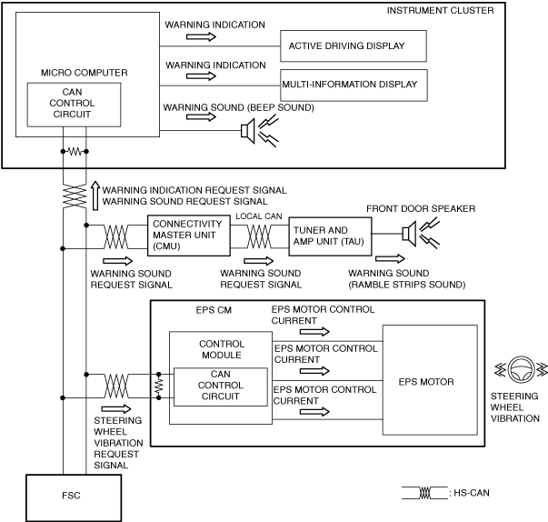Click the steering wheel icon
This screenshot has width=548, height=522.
click(x=522, y=369)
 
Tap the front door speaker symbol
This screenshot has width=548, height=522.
click(x=409, y=234)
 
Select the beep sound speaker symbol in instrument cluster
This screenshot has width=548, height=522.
click(x=248, y=131)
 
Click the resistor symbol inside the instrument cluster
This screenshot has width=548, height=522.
click(x=75, y=151)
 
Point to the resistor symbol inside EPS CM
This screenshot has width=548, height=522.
click(x=159, y=386)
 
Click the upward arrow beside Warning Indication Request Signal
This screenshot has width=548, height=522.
click(x=95, y=196)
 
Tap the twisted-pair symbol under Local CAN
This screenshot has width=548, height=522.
click(x=259, y=236)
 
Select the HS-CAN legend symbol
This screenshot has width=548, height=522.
click(x=425, y=493)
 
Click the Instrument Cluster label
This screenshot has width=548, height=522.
click(x=441, y=11)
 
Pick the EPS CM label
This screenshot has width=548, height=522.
click(x=214, y=310)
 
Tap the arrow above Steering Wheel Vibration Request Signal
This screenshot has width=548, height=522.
click(x=116, y=408)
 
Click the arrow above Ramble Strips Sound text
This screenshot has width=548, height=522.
click(x=390, y=259)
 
